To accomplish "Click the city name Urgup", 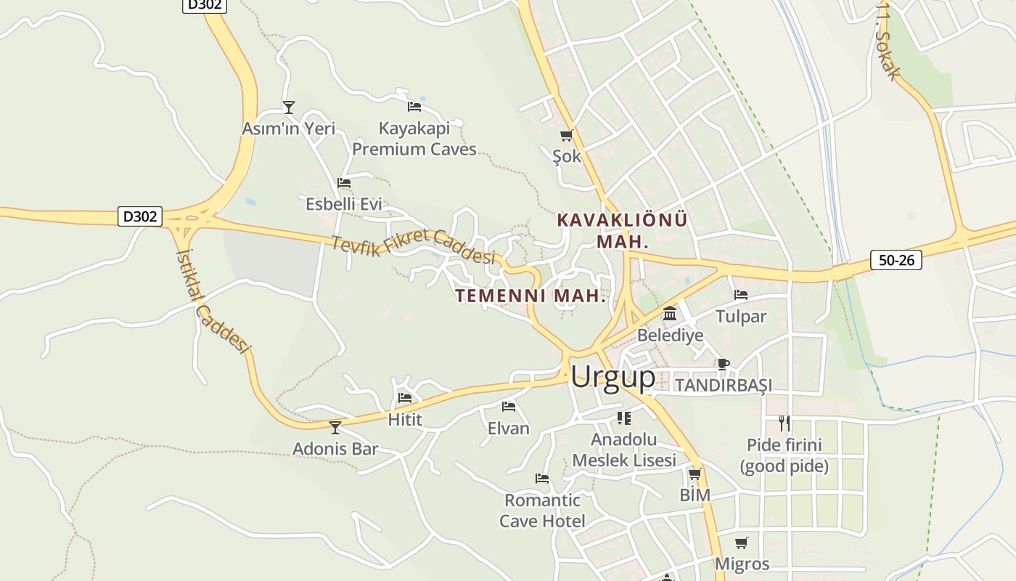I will pos(613,377).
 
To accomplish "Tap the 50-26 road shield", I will pos(896,260).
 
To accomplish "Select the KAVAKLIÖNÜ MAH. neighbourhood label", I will pos(622,230).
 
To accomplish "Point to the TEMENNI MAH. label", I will pos(530,296).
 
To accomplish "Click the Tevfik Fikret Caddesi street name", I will pos(413,246).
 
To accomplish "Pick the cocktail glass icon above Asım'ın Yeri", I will pos(289,107).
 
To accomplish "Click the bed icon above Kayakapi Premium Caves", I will pos(414,106).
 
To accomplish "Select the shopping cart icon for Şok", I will pos(566,135).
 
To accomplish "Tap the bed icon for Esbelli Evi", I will pos(344,183).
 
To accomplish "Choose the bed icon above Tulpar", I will pos(741,295).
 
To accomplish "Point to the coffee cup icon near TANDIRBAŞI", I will pos(723,364).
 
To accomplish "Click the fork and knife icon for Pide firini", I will pos(784,423).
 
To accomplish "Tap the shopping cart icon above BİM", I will pos(695,474).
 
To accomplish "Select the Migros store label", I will pos(742,564).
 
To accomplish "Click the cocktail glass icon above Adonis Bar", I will pos(335,427).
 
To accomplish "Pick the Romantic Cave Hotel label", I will pos(542,511).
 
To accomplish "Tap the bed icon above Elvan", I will pos(509,407).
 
